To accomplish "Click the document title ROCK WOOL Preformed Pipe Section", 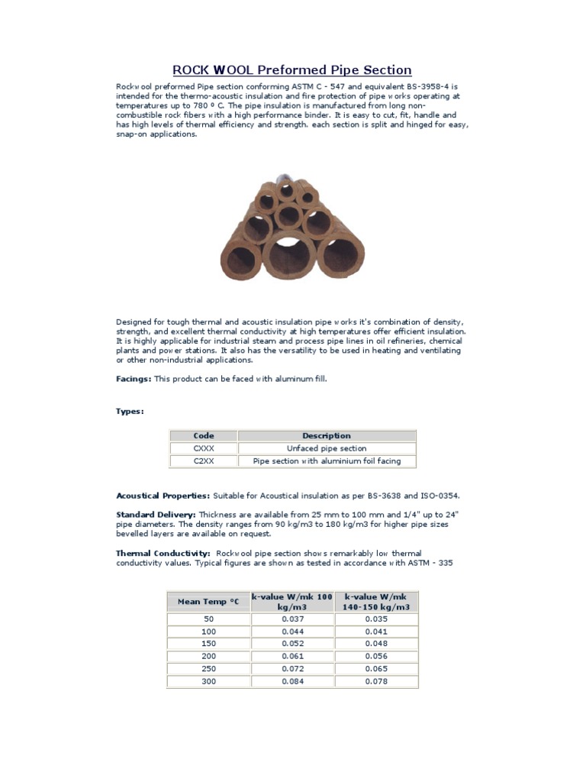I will tap(292, 70).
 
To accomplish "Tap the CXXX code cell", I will tap(204, 448).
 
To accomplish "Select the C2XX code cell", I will tap(204, 461).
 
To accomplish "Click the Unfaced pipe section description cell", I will tap(327, 448).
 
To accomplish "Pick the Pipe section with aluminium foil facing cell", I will tap(327, 461).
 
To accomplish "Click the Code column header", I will tap(204, 436).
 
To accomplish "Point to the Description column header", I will tap(327, 436).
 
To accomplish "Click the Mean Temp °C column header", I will tap(208, 602).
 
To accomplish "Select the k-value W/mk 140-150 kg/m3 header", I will tap(377, 602).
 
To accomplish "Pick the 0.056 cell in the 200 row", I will tap(377, 656).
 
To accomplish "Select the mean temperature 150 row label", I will tap(208, 644).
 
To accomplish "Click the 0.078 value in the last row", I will tap(377, 681).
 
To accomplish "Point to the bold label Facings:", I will tap(134, 379).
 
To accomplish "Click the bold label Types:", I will tap(130, 411).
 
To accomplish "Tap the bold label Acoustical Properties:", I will tap(163, 496).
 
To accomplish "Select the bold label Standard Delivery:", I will tap(156, 515).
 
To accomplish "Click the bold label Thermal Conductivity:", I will tap(163, 553).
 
